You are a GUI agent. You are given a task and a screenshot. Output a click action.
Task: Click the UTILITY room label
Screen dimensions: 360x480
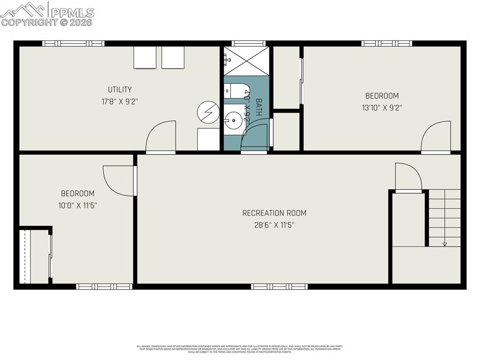tap(120, 90)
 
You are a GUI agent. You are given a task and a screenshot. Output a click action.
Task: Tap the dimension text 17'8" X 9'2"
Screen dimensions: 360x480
tap(120, 101)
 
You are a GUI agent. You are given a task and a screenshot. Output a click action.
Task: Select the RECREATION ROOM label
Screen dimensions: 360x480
tap(274, 213)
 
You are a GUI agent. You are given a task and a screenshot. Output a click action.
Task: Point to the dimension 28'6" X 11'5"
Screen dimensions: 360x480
tap(274, 225)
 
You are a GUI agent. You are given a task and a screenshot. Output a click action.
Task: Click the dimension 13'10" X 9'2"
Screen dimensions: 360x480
tap(382, 107)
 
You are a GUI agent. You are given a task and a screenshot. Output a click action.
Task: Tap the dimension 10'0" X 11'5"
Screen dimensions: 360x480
tap(77, 205)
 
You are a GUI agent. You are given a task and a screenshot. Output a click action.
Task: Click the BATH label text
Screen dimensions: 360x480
tap(258, 108)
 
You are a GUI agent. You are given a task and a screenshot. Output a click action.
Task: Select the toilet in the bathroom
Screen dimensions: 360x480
tap(233, 91)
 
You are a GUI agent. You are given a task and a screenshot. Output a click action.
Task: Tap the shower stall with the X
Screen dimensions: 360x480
tap(246, 61)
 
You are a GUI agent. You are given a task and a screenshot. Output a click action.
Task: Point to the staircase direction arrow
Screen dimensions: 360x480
tap(444, 243)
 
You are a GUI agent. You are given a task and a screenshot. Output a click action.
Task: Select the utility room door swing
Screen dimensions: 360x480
tap(161, 137)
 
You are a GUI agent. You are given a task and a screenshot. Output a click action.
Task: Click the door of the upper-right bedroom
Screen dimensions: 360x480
tap(435, 137)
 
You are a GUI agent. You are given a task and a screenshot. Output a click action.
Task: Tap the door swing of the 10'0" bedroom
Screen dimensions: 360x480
tap(119, 180)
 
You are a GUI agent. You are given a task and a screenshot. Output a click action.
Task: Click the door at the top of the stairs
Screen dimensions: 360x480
tap(408, 178)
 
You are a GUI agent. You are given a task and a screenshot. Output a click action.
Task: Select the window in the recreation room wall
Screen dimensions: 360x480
tap(279, 286)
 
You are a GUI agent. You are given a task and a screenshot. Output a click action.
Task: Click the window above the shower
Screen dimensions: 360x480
tap(248, 44)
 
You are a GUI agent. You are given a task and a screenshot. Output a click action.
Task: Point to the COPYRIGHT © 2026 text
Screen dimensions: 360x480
tap(47, 22)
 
